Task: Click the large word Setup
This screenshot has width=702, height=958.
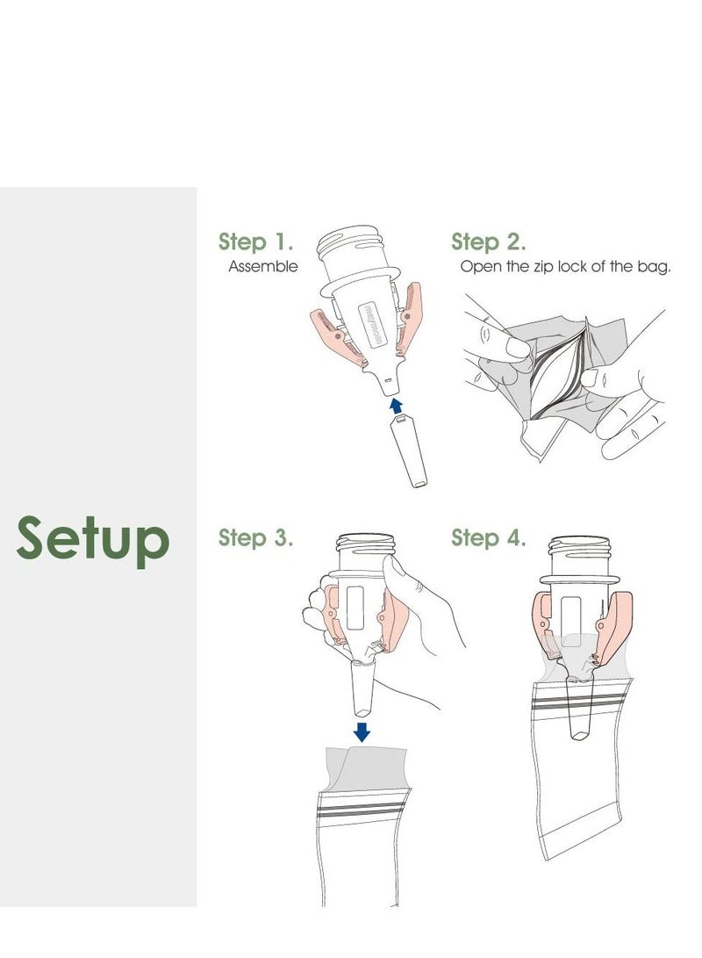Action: pyautogui.click(x=92, y=539)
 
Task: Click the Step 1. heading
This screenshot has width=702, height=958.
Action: pyautogui.click(x=255, y=241)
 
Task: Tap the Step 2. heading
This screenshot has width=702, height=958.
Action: pyautogui.click(x=489, y=241)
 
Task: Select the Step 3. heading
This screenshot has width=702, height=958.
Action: pyautogui.click(x=255, y=537)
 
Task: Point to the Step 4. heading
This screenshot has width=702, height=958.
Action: pyautogui.click(x=489, y=537)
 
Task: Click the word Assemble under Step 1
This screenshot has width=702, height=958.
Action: pyautogui.click(x=263, y=266)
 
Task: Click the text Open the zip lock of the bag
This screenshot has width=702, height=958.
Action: pyautogui.click(x=566, y=266)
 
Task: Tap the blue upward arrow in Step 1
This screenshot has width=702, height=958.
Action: pyautogui.click(x=396, y=404)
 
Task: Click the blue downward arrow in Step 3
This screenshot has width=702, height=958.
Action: pyautogui.click(x=361, y=731)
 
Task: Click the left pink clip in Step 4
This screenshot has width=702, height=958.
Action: pyautogui.click(x=544, y=623)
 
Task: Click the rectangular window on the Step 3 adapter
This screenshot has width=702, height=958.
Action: pyautogui.click(x=357, y=608)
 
